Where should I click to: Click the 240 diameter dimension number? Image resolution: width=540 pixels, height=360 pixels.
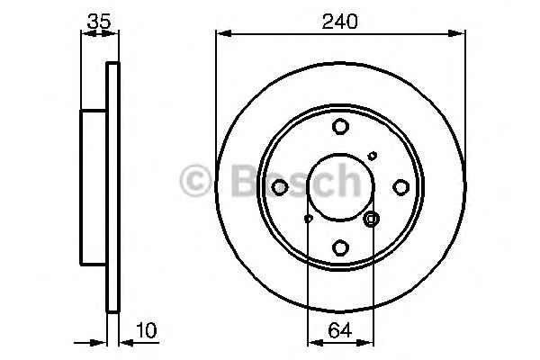click(339, 22)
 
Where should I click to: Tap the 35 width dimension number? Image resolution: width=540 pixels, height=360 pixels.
click(99, 22)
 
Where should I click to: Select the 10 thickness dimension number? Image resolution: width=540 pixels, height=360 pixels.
click(147, 330)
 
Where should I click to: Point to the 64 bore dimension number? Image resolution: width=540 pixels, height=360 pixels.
click(339, 330)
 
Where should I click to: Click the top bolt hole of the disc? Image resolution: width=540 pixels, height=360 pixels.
click(340, 126)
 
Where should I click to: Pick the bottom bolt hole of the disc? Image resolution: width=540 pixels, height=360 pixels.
click(340, 247)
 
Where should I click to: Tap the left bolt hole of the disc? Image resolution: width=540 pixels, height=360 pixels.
click(280, 187)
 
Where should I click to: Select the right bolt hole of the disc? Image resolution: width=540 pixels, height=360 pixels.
click(400, 187)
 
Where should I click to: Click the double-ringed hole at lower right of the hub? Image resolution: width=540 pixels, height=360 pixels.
click(371, 219)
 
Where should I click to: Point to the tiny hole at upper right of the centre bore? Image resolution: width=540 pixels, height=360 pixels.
click(373, 156)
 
